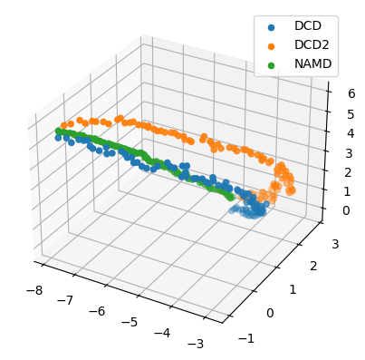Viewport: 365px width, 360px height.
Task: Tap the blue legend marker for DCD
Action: click(264, 26)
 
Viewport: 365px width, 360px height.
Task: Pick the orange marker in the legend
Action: click(264, 44)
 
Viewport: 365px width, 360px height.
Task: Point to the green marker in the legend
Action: click(264, 63)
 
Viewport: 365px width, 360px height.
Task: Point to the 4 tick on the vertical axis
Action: click(339, 137)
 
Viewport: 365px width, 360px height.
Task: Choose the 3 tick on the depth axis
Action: click(335, 243)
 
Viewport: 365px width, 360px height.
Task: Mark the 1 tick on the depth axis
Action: click(293, 289)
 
